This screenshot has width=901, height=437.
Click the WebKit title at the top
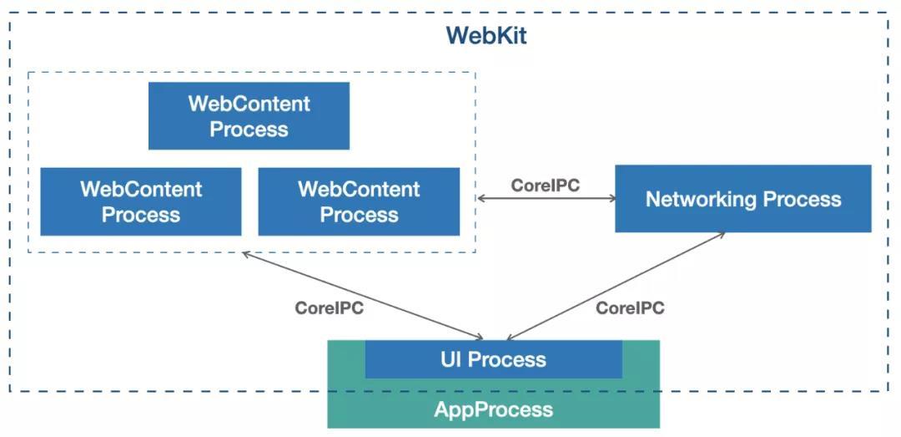[x=486, y=36]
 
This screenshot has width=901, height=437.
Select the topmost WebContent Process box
[x=249, y=116]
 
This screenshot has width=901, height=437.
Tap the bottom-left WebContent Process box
[x=141, y=201]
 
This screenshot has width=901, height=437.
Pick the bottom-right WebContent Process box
[x=359, y=201]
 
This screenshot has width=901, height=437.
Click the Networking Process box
[x=742, y=199]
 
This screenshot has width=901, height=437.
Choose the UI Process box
[x=493, y=360]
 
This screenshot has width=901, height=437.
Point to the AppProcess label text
[x=493, y=409]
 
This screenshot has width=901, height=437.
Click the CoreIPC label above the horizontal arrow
[x=545, y=185]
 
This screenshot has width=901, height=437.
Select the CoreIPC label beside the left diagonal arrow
[x=329, y=307]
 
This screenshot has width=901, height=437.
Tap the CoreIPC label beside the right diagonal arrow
[x=630, y=307]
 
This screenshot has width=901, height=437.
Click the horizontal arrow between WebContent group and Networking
[x=546, y=199]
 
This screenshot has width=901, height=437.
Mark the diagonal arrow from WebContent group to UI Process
[x=363, y=295]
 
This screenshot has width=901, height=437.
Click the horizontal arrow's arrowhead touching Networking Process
[x=612, y=199]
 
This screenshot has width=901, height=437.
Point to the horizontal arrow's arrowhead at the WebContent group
[x=481, y=199]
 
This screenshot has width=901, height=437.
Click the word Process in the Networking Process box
[x=802, y=199]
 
